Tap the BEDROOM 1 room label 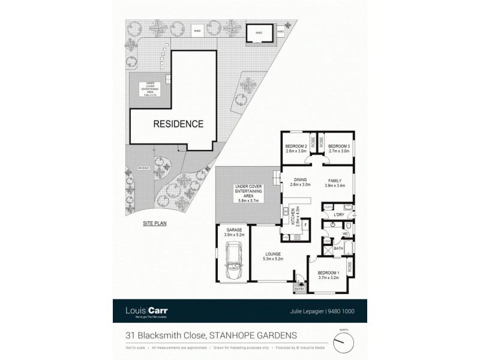point(329,273)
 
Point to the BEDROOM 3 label point(339,146)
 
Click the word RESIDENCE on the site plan point(178,124)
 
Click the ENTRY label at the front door point(299,289)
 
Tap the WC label point(346,234)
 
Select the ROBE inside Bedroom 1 point(350,264)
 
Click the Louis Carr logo point(148,311)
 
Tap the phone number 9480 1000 point(341,311)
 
